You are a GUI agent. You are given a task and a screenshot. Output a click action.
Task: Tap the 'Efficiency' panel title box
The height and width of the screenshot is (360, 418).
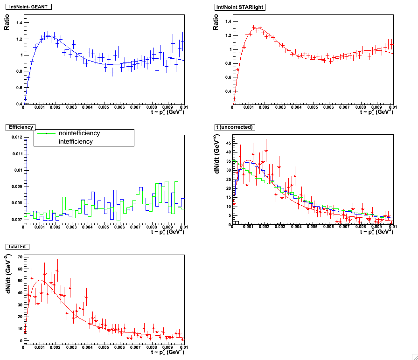(19, 127)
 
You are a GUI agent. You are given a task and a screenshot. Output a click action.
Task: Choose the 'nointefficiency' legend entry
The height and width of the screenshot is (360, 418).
(79, 133)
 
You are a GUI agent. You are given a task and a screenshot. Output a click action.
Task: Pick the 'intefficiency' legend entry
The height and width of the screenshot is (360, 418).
(76, 141)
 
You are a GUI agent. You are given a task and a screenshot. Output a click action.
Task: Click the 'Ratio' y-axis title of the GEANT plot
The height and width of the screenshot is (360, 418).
(7, 22)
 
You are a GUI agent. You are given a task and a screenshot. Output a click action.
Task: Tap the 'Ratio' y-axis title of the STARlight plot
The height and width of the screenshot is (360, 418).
(216, 22)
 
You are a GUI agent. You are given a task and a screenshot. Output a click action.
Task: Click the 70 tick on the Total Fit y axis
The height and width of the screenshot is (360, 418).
(19, 257)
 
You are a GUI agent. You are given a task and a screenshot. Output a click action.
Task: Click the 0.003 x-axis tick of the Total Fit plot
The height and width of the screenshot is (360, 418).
(71, 347)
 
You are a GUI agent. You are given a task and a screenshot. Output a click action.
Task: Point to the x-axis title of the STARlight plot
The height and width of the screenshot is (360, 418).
(376, 112)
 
